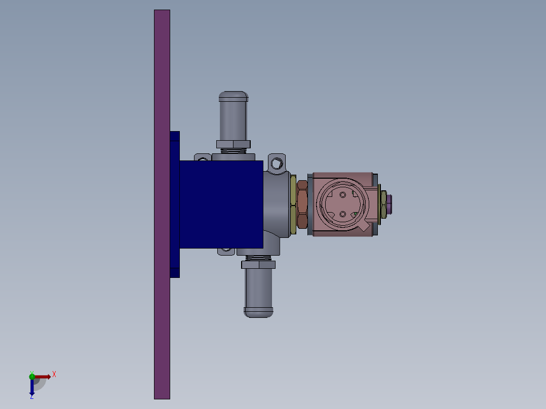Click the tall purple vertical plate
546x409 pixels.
pos(162,304)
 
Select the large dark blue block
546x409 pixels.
pos(221,204)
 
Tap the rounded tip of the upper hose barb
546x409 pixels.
pos(233,96)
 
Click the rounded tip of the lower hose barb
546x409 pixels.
pos(259,313)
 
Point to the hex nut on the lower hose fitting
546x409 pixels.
pos(259,264)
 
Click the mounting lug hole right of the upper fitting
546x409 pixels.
pos(277,163)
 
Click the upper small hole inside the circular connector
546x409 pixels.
pos(343,194)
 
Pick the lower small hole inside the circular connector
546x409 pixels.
pos(343,215)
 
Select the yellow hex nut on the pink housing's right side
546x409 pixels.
pos(383,203)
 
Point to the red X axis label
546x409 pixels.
pos(54,375)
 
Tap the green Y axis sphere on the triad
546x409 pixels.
pos(32,376)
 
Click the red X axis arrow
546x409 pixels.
pos(44,377)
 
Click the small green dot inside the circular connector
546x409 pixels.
pos(355,214)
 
